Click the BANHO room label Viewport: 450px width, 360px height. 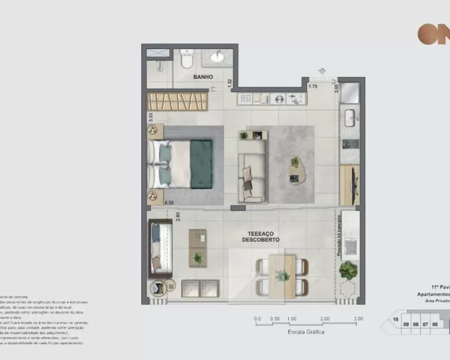point(203,77)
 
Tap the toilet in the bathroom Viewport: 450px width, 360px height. point(186,59)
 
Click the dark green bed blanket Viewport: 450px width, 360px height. point(201,164)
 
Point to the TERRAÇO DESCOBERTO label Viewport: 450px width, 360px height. point(261,237)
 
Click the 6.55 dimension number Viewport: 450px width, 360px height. point(169,203)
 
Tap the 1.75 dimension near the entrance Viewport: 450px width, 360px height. point(314,86)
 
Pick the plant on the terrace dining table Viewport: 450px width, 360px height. point(282,275)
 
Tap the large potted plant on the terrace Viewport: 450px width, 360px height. point(348,270)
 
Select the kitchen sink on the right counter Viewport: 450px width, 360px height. point(351,120)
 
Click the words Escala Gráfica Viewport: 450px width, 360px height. point(306,332)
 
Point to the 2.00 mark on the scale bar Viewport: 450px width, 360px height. point(324,319)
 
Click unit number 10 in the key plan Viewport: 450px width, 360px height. point(395,319)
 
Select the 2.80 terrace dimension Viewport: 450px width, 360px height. point(178,216)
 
